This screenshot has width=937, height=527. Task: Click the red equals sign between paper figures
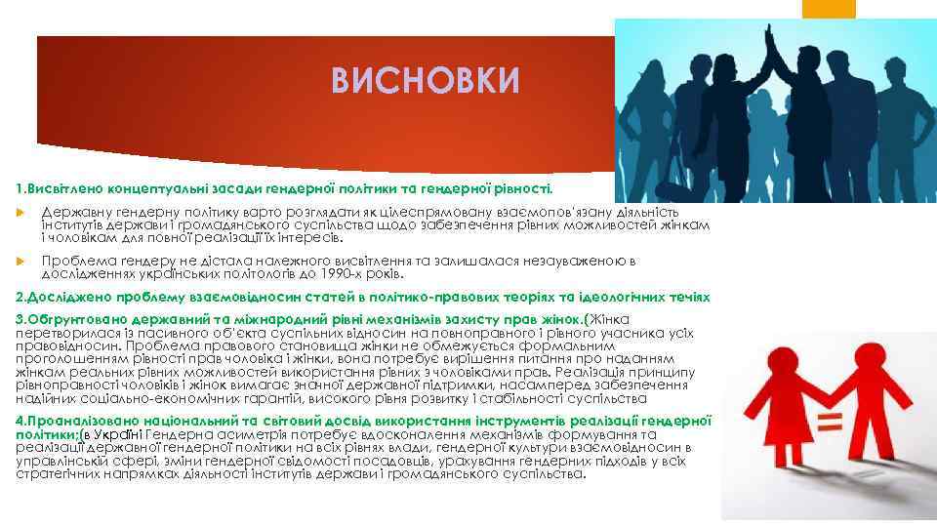pyautogui.click(x=829, y=423)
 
